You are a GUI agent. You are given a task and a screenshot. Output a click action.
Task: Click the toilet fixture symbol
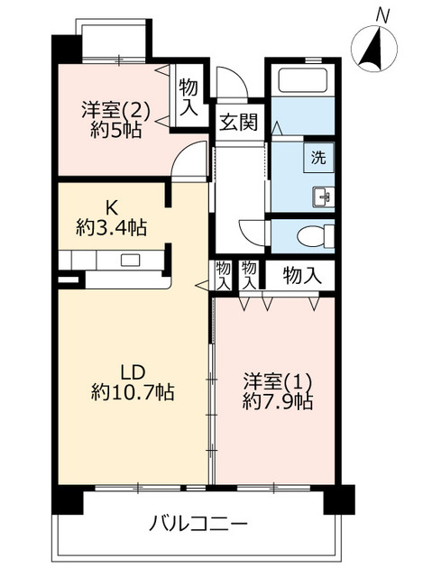(312, 236)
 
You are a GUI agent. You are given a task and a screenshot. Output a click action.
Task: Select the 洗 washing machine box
(319, 155)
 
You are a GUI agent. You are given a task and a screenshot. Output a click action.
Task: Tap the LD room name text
(133, 371)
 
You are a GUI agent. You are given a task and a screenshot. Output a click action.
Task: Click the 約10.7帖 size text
(133, 393)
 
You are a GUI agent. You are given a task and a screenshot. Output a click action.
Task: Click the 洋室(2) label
(116, 109)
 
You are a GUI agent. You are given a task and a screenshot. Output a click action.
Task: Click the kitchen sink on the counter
(132, 261)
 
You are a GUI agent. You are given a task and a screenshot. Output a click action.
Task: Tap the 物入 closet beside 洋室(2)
(189, 96)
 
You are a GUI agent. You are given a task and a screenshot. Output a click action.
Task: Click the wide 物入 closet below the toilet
(301, 276)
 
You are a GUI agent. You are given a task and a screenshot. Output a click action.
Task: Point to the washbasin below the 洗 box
(322, 194)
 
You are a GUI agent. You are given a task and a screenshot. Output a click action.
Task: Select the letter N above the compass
(382, 15)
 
